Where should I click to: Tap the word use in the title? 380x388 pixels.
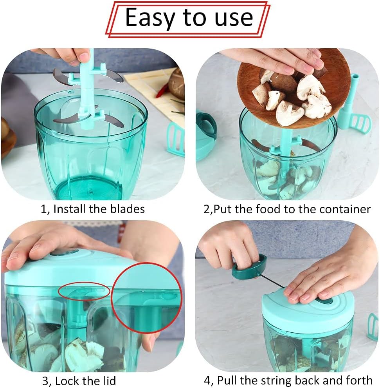pyautogui.click(x=234, y=18)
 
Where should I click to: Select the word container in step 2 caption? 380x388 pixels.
pyautogui.click(x=345, y=209)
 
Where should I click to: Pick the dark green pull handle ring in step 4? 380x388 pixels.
pyautogui.click(x=250, y=267)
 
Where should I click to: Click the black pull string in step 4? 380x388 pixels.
pyautogui.click(x=271, y=281)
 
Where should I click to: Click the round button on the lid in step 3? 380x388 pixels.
pyautogui.click(x=64, y=252)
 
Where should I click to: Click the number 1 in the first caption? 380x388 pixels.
pyautogui.click(x=43, y=209)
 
